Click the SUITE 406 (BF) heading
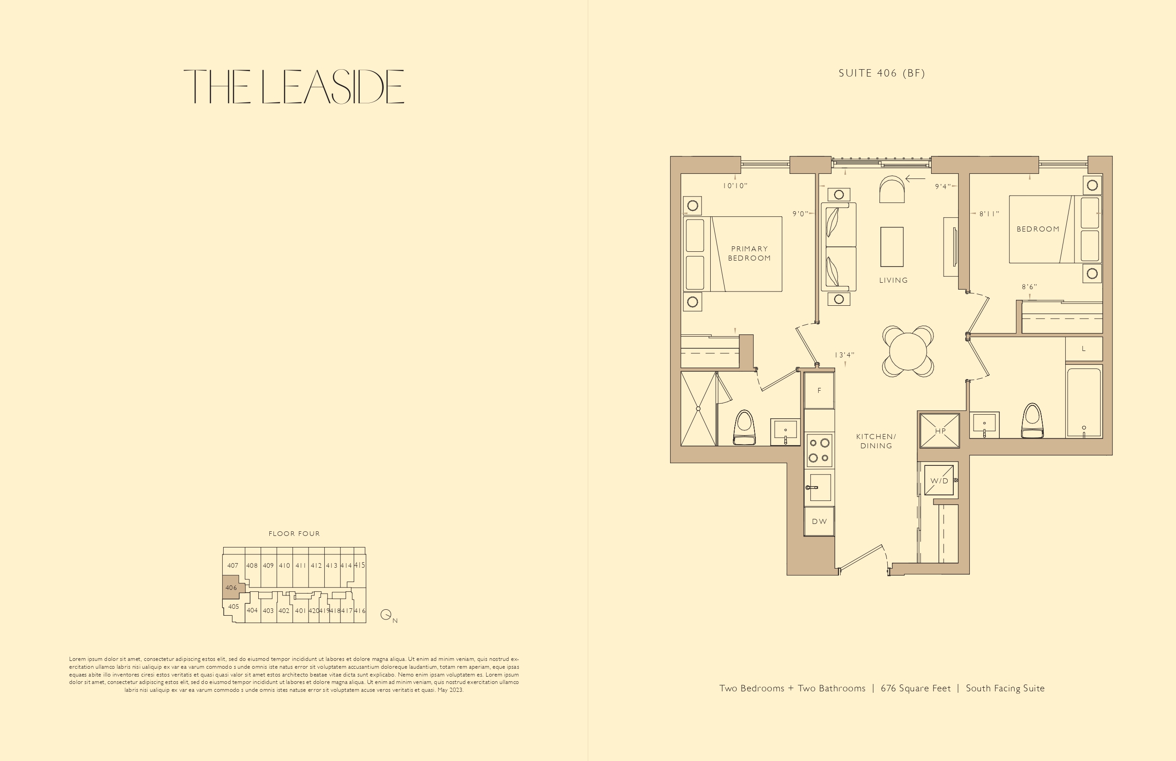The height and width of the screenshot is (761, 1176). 882,73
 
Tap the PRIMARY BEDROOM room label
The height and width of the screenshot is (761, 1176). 749,254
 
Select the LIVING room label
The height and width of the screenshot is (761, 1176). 893,280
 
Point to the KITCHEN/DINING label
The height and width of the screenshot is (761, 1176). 876,441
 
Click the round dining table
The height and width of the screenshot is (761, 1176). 908,351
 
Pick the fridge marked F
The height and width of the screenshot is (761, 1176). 819,390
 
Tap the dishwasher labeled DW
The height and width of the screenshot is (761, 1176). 819,521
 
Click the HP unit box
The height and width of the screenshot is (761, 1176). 940,431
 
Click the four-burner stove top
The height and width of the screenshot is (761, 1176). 819,450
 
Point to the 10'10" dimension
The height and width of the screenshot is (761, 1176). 735,186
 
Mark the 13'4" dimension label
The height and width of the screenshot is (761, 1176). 844,355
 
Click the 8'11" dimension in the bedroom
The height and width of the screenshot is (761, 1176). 989,214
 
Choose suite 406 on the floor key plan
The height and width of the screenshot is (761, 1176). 231,588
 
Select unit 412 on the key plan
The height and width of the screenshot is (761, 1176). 316,565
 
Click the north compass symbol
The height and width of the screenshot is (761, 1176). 386,615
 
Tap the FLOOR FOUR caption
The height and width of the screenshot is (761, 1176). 294,534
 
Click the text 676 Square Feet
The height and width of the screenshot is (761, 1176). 915,688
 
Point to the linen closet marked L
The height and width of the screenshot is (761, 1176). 1084,349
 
